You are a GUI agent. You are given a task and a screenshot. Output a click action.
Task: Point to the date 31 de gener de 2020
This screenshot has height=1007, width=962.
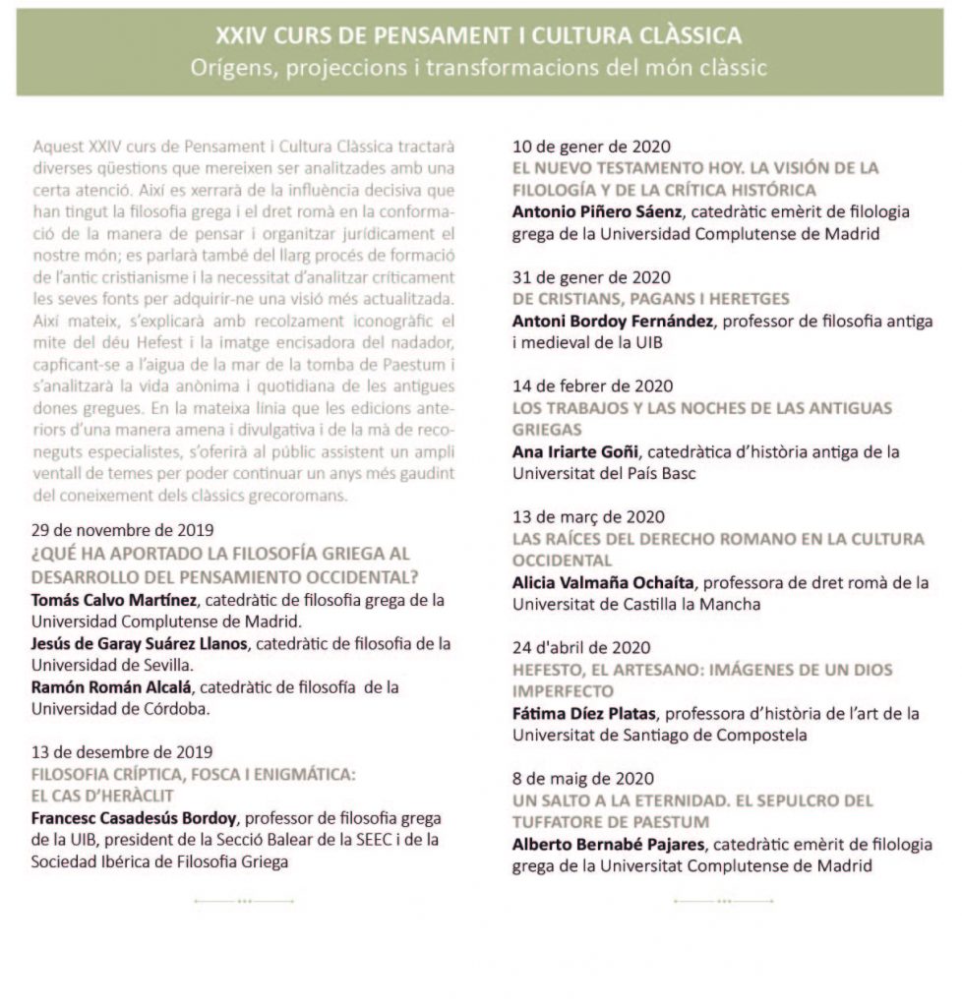[x=593, y=277]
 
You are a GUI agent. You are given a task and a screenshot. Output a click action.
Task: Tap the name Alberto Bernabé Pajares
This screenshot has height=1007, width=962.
[x=608, y=844]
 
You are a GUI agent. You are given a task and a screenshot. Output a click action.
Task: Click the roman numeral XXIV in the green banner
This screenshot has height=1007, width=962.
[x=239, y=36]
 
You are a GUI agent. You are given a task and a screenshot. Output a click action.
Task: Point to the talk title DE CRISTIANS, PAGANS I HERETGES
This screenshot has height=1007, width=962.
[x=651, y=299]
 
